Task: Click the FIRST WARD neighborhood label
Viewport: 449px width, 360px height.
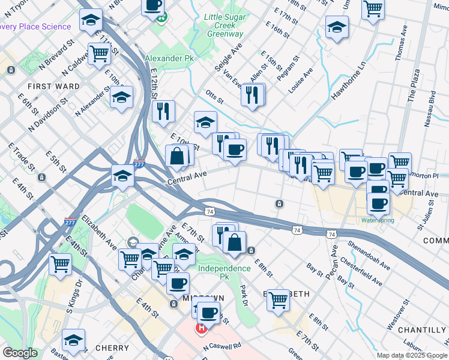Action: tap(53, 86)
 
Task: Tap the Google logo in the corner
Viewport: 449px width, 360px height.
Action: tap(20, 353)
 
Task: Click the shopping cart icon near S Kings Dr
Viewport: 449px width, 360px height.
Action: tap(60, 265)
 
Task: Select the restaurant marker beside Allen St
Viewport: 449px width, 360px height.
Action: tap(253, 94)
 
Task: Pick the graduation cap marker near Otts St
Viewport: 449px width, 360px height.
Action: tap(205, 122)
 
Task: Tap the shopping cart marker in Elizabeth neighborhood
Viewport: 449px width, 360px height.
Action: tap(278, 299)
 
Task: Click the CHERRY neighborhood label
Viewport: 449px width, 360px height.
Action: tap(112, 348)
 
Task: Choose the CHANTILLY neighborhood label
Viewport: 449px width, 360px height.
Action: tap(422, 330)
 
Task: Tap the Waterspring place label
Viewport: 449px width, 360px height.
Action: tap(378, 220)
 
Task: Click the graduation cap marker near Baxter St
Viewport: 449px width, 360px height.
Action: tap(73, 341)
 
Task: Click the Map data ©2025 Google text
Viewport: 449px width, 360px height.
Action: tap(411, 355)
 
